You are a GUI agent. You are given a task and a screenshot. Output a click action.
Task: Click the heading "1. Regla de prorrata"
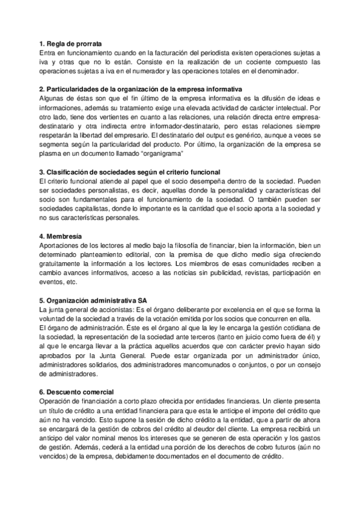click(70, 44)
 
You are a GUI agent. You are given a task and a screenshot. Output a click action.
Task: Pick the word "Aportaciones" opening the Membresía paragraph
click(59, 245)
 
